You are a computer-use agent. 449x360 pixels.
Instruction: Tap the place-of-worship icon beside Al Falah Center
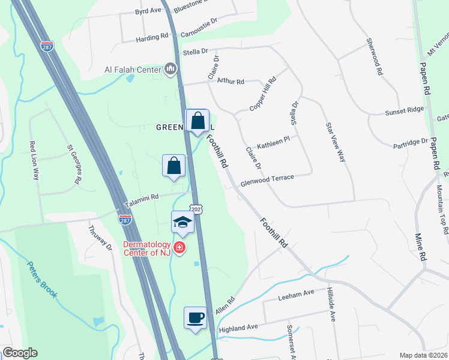(170, 70)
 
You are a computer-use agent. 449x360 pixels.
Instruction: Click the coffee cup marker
(194, 317)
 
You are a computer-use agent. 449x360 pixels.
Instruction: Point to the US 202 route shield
(197, 208)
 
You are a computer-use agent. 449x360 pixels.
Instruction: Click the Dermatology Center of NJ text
(147, 248)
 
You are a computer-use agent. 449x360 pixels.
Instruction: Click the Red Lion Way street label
(34, 161)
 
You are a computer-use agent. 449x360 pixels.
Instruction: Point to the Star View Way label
(336, 142)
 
